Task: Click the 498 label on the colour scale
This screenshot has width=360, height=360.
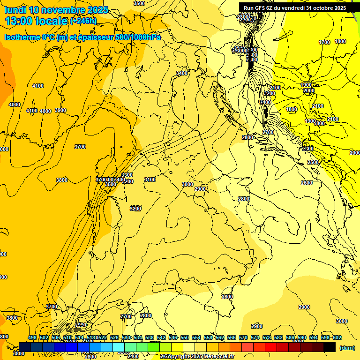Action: coord(32,337)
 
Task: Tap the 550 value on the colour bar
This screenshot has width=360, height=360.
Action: coord(184,337)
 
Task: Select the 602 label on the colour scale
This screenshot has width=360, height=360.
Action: coord(337,337)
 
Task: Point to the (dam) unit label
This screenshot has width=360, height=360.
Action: coord(347,347)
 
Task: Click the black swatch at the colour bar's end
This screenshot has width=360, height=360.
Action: coord(330,347)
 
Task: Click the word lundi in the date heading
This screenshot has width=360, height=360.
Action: coord(15,10)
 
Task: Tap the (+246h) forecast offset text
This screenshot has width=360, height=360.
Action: coord(83,21)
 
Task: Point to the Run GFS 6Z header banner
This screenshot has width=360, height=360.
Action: coord(295,7)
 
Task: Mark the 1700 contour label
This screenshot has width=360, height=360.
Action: coord(324,43)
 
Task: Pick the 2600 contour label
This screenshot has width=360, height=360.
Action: coord(307,183)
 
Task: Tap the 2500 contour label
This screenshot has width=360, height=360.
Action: coord(313,162)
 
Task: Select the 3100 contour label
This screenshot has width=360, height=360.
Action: coord(150,180)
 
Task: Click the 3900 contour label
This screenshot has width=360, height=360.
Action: coord(60,110)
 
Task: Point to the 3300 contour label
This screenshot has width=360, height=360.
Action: coord(127,175)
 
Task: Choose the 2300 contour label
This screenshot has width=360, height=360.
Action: coord(308,149)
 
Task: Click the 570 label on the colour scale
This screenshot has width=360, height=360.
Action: coord(243,337)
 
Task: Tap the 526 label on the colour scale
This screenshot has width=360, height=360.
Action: coord(114,337)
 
